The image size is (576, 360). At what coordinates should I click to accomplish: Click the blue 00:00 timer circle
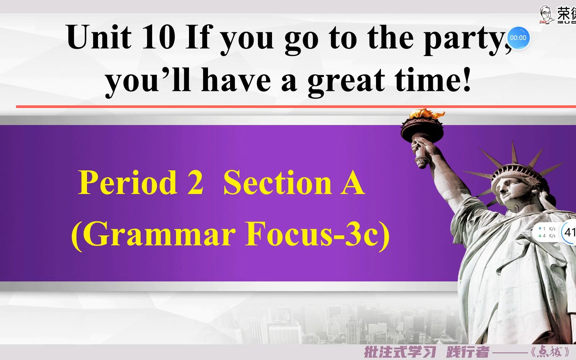point(518,38)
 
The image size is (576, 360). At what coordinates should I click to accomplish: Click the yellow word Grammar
point(157,234)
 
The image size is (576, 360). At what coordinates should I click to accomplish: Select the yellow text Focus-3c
point(317,234)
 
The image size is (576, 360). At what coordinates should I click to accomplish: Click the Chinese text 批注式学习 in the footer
point(400,352)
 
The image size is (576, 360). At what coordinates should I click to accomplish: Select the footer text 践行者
point(467,352)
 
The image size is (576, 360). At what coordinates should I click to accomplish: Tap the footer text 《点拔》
point(550,352)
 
